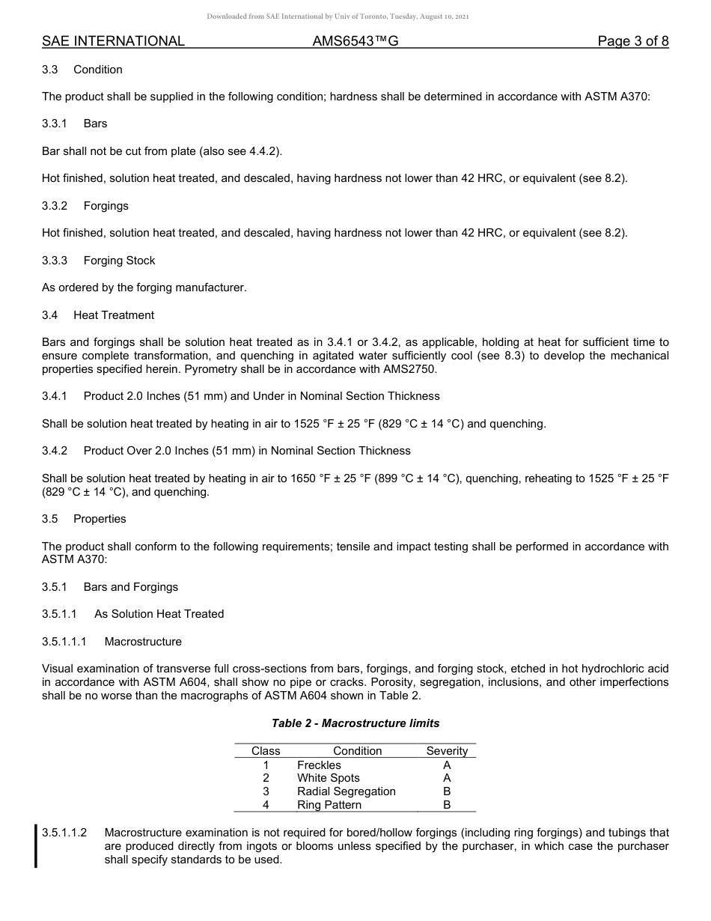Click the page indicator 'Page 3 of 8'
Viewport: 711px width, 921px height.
[632, 41]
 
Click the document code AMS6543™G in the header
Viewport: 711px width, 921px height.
[355, 41]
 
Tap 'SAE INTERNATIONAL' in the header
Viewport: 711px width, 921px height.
[113, 41]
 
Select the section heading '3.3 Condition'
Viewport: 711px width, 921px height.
[82, 70]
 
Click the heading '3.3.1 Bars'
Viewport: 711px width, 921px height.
[75, 124]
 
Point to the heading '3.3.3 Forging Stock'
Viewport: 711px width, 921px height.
[99, 261]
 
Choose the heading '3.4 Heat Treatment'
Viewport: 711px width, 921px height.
[98, 315]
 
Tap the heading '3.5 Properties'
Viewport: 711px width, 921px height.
[84, 519]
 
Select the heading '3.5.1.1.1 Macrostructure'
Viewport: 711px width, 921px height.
[112, 642]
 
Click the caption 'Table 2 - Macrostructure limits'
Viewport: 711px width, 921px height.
[355, 723]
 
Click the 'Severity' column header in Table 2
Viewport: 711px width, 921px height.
[447, 751]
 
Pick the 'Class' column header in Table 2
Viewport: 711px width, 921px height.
[266, 751]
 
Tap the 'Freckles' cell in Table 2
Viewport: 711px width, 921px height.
[319, 765]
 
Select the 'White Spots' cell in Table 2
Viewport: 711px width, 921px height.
[328, 778]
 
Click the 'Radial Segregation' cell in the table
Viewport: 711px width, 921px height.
[346, 791]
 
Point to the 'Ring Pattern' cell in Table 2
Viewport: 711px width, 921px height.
[329, 805]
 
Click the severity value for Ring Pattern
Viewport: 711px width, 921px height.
[447, 805]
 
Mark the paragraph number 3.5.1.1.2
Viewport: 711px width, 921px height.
[64, 833]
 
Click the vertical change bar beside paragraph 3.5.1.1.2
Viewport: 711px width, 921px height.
[36, 846]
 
